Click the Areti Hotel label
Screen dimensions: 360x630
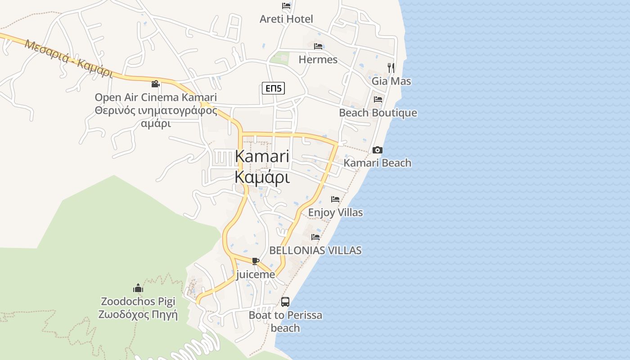click(286, 19)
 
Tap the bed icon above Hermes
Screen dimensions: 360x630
click(318, 46)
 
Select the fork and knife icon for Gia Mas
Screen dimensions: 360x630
click(391, 68)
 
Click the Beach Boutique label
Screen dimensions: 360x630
click(378, 113)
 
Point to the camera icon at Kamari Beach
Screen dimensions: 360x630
click(378, 150)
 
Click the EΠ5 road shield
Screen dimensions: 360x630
click(274, 88)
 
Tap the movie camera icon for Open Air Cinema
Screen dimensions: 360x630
click(156, 84)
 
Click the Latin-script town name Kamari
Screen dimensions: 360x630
click(262, 157)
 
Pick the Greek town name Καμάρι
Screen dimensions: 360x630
click(262, 177)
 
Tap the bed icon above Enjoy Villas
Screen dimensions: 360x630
click(335, 199)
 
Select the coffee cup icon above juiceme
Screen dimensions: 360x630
click(256, 261)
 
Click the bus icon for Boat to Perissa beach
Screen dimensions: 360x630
click(285, 302)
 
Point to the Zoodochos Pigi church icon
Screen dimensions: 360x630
click(138, 288)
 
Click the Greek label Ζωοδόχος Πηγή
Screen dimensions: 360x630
click(138, 315)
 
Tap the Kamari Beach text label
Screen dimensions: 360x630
click(378, 163)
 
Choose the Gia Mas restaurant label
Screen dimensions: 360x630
click(391, 81)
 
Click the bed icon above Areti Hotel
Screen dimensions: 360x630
click(286, 6)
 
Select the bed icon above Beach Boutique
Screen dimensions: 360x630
click(378, 99)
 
